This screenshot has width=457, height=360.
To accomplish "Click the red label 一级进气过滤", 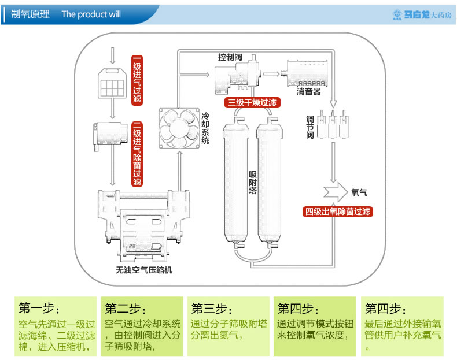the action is [137, 80].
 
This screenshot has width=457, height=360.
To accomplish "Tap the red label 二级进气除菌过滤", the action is [137, 154].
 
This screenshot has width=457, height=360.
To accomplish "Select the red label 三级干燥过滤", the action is [252, 102].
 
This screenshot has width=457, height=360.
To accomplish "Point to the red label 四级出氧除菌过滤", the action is [338, 211].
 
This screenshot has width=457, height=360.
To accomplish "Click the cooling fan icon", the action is [179, 128].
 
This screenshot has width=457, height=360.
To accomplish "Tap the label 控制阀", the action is [230, 57].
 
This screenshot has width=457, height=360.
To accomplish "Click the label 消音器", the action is [309, 92].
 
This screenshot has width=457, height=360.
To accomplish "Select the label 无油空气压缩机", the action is [144, 270].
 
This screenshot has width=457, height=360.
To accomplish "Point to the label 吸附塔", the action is [253, 183].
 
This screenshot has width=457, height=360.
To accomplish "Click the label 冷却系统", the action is [205, 128].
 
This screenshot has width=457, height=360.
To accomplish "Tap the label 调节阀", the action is [310, 127].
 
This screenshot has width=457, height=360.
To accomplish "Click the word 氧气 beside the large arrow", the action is [359, 192].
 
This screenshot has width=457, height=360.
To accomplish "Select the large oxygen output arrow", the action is [336, 192].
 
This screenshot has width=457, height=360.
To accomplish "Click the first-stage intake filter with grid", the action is [112, 83].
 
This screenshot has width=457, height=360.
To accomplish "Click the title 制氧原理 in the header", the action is [30, 14].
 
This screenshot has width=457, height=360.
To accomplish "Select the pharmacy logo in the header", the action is [422, 14].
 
